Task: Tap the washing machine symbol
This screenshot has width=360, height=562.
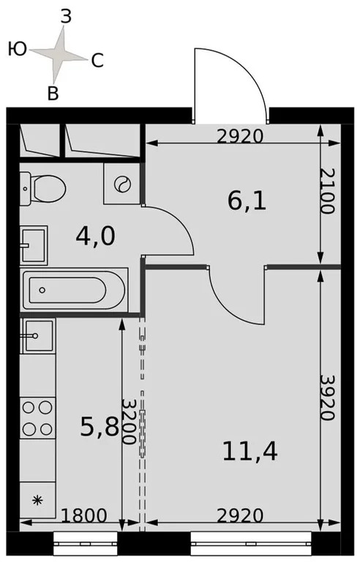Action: [x=122, y=183]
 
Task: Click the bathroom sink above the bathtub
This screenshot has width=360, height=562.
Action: [x=34, y=244]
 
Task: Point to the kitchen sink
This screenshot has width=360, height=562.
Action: [x=37, y=336]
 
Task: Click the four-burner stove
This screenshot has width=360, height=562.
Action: [x=37, y=417]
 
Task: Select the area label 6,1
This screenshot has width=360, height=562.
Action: [x=247, y=201]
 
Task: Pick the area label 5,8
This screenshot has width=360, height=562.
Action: [x=100, y=427]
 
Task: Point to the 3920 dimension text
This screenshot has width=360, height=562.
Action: [x=328, y=397]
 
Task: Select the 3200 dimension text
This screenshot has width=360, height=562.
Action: [x=129, y=422]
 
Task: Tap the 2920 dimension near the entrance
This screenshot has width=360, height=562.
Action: [x=241, y=135]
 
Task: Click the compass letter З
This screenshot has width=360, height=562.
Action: [x=65, y=18]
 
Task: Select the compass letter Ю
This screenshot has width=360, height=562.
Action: [x=18, y=50]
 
